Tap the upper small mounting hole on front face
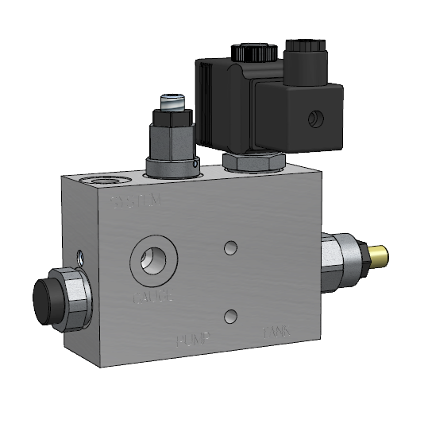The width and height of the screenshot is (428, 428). point(230,248)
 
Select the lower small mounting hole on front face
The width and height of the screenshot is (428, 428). point(230,316)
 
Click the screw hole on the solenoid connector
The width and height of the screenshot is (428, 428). point(315,120)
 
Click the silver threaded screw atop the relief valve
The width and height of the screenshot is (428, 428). point(172,103)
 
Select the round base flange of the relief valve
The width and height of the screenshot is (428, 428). point(173,166)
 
